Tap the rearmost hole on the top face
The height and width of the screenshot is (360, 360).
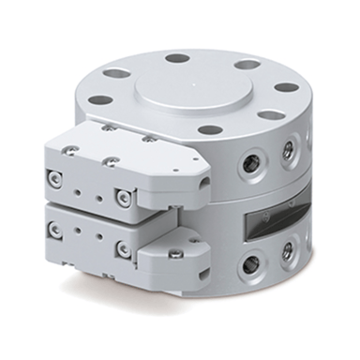[x=176, y=58]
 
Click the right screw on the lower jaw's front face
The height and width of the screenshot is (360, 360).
[x=123, y=247]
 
